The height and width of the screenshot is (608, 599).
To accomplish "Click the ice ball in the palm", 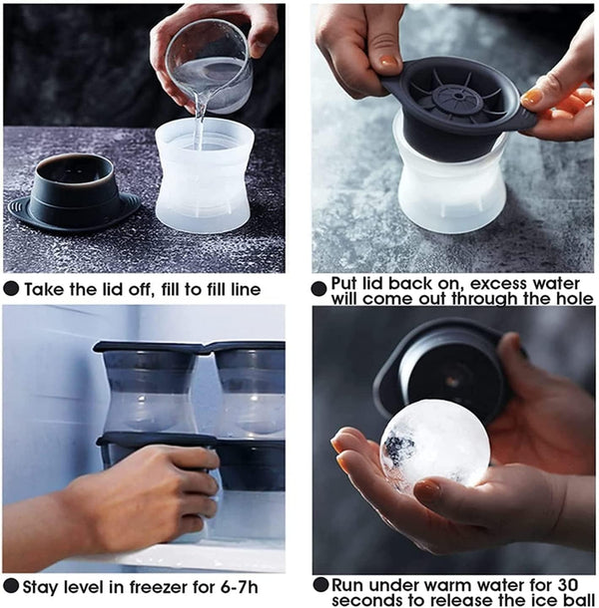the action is (434, 444).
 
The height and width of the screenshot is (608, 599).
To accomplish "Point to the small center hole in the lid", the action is (459, 95).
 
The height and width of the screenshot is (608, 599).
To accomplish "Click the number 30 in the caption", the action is (567, 585).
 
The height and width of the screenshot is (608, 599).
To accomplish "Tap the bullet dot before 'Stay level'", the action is (11, 586).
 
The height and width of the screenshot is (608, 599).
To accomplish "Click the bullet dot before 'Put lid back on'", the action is (318, 289).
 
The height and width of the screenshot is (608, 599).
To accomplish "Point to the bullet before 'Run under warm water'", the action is (320, 585).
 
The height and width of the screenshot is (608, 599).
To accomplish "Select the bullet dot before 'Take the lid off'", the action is (11, 288).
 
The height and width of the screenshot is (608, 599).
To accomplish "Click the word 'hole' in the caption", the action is (575, 299).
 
